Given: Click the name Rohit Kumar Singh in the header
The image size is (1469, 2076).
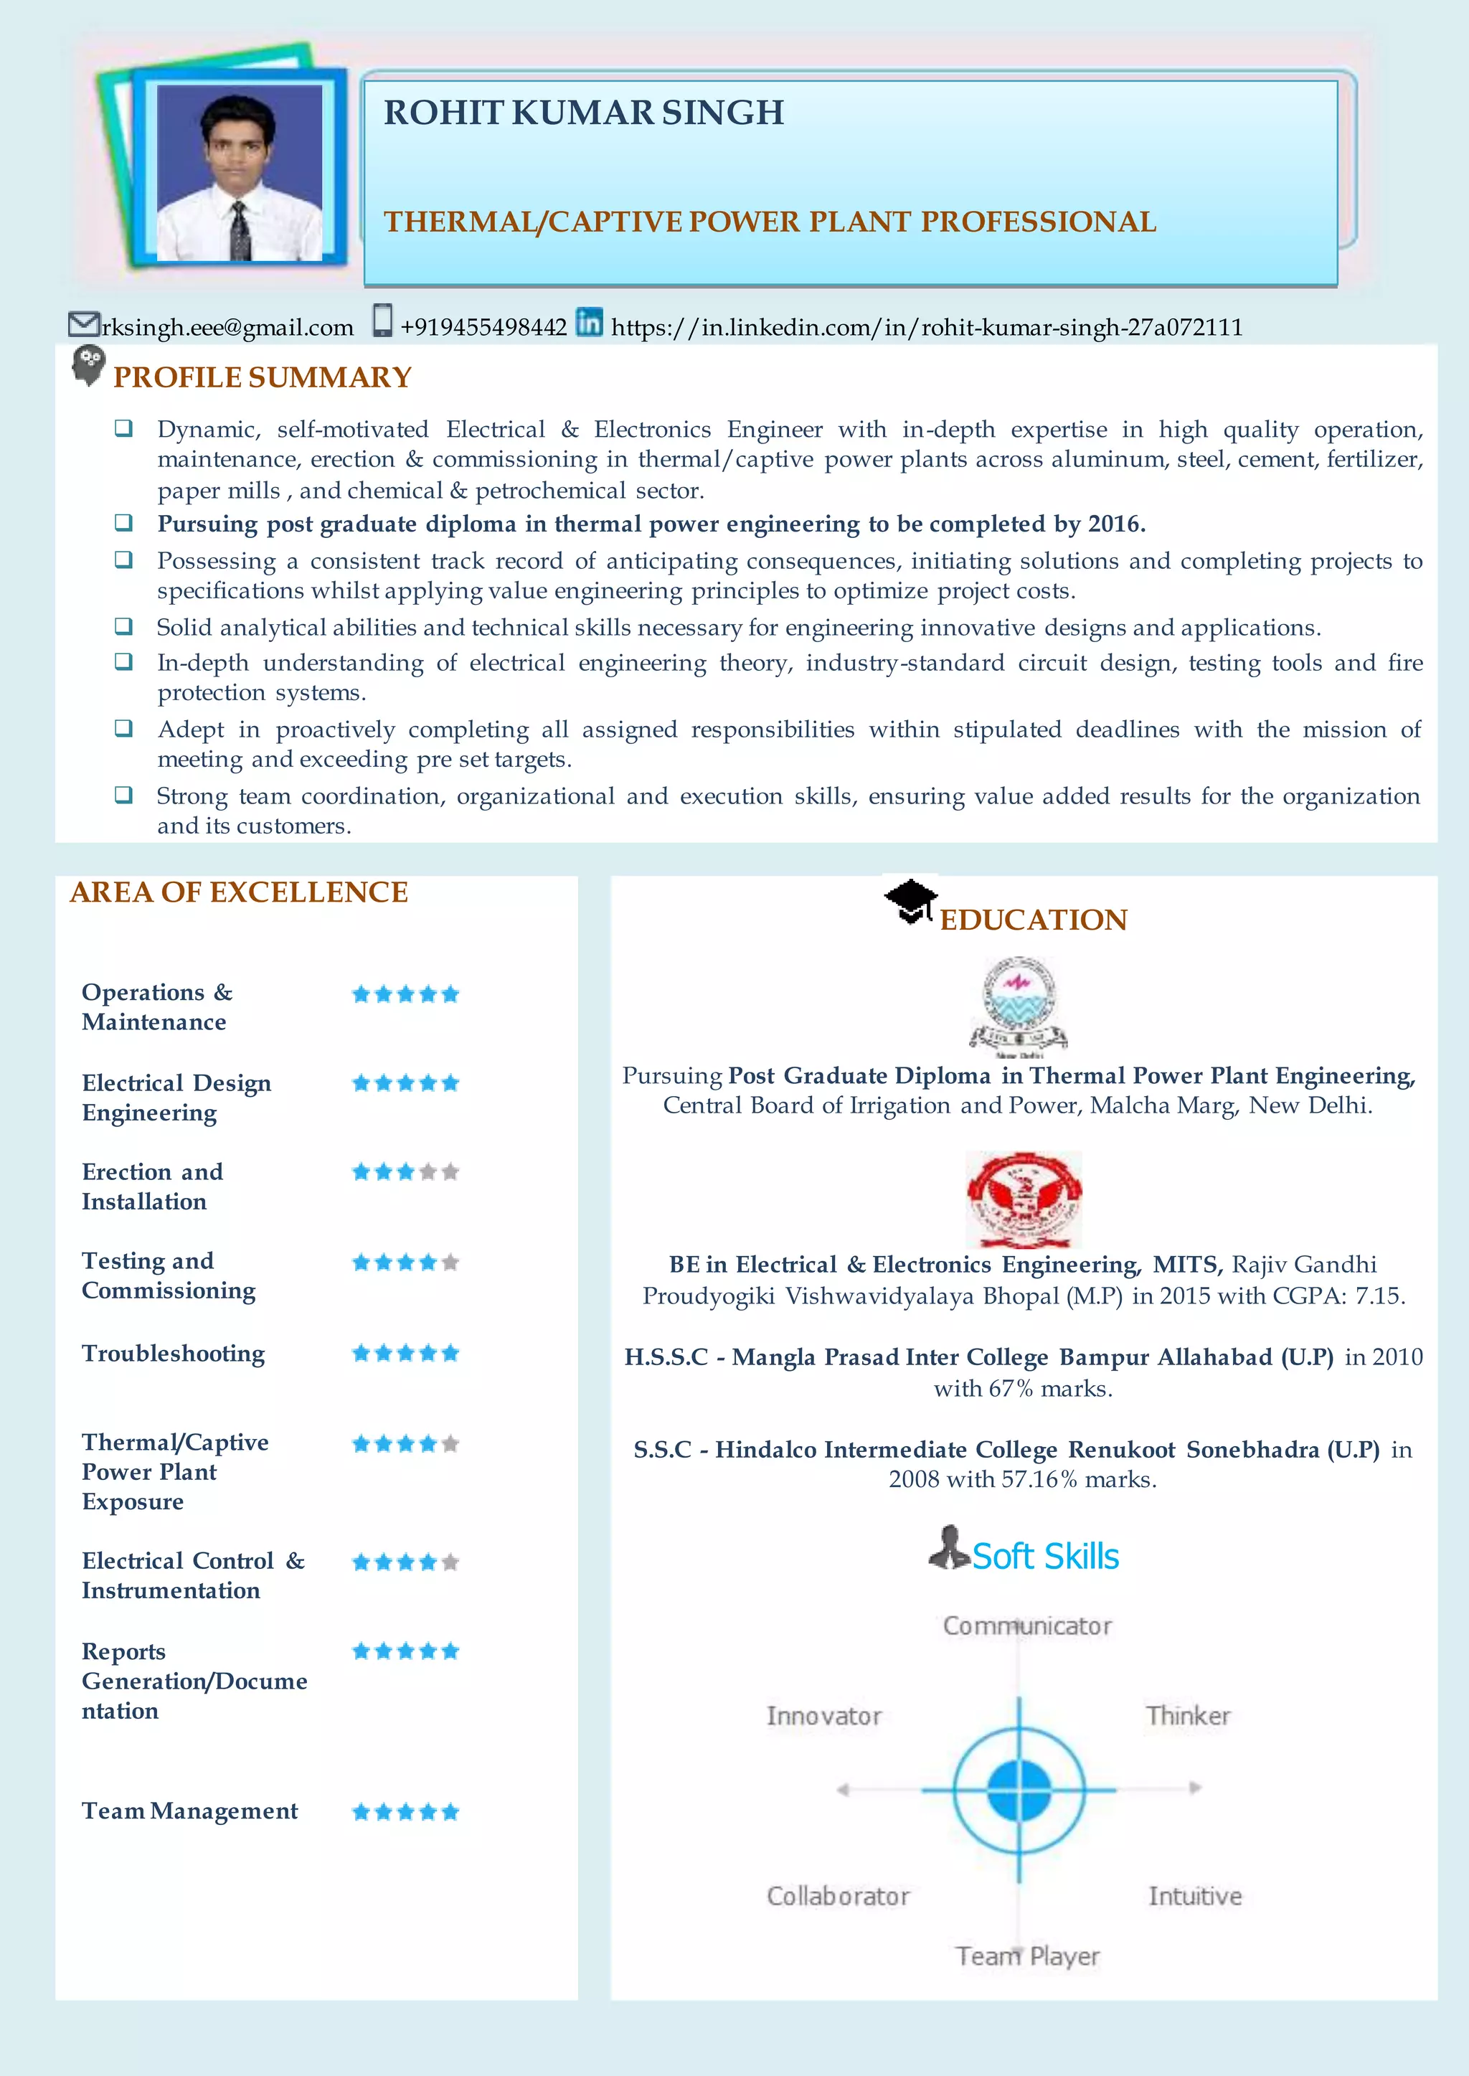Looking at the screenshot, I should [x=583, y=113].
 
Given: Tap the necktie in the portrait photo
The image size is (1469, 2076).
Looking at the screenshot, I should [x=240, y=231].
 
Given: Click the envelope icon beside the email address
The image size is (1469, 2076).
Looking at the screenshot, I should [x=83, y=323].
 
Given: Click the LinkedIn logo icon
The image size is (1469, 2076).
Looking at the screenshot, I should [x=589, y=322].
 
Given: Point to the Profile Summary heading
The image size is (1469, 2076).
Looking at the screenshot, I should [x=263, y=377].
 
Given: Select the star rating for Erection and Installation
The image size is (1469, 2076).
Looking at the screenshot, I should [x=405, y=1172].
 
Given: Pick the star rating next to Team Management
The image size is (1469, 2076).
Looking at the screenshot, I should [x=405, y=1812].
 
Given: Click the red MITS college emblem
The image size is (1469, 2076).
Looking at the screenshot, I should [x=1023, y=1199].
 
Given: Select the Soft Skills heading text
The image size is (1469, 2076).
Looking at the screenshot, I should [x=1045, y=1556].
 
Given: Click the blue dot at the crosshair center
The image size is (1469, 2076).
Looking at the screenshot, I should [x=1019, y=1789].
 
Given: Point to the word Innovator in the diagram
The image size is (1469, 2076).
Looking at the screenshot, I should [x=823, y=1716].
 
